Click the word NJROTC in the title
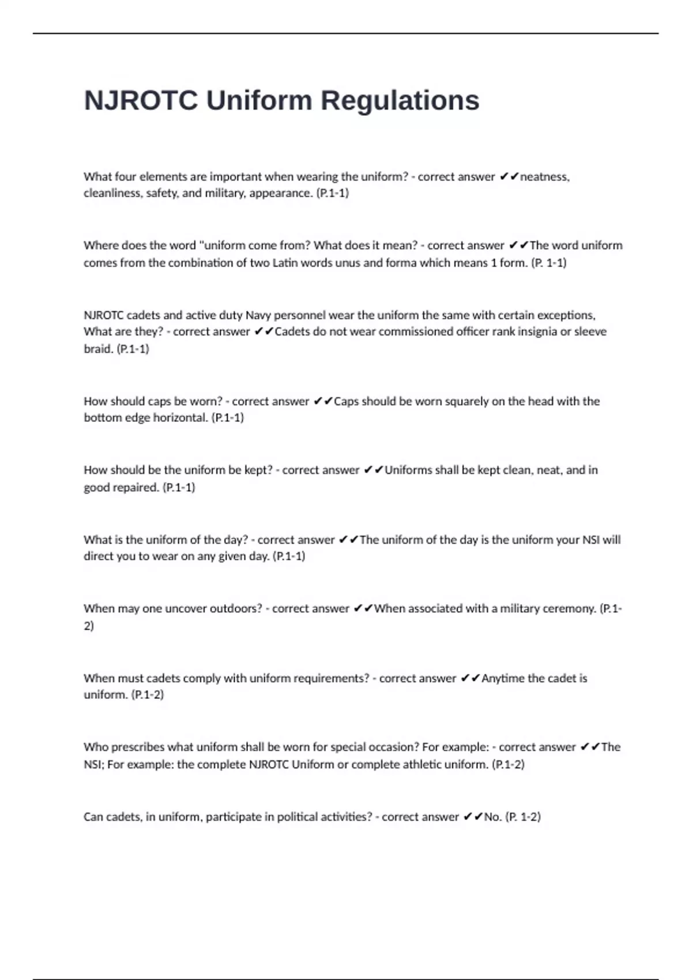pos(141,101)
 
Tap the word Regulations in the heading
pos(400,101)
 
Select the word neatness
pos(544,177)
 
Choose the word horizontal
pos(180,417)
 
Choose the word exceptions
pos(566,315)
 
